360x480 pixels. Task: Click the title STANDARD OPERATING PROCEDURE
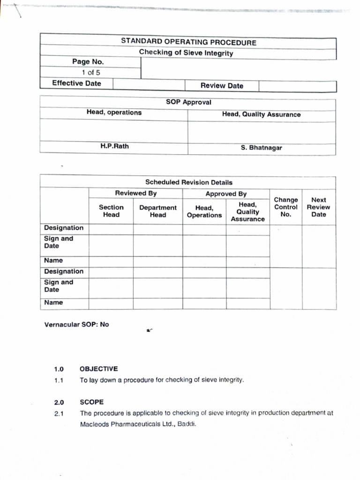click(x=188, y=42)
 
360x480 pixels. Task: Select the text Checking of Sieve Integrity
click(x=186, y=53)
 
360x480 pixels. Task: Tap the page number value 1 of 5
click(x=90, y=73)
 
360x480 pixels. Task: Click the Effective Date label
click(x=76, y=83)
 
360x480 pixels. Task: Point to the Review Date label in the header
click(x=222, y=86)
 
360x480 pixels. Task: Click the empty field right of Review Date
click(x=297, y=86)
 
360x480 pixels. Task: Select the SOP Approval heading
click(x=188, y=102)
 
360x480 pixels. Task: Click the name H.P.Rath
click(x=114, y=146)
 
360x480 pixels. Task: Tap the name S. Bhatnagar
click(x=262, y=148)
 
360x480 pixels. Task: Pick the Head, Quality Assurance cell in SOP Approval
click(x=261, y=114)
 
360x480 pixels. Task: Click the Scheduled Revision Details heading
click(x=188, y=182)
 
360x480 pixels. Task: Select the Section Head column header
click(x=111, y=211)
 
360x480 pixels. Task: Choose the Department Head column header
click(x=158, y=211)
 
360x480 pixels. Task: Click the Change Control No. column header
click(x=285, y=207)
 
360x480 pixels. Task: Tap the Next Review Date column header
click(x=318, y=207)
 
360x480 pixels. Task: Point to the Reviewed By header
click(x=136, y=193)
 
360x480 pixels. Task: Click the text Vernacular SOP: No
click(x=76, y=324)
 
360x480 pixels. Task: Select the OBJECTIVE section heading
click(x=98, y=369)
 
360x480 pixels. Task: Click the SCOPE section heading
click(x=92, y=402)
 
